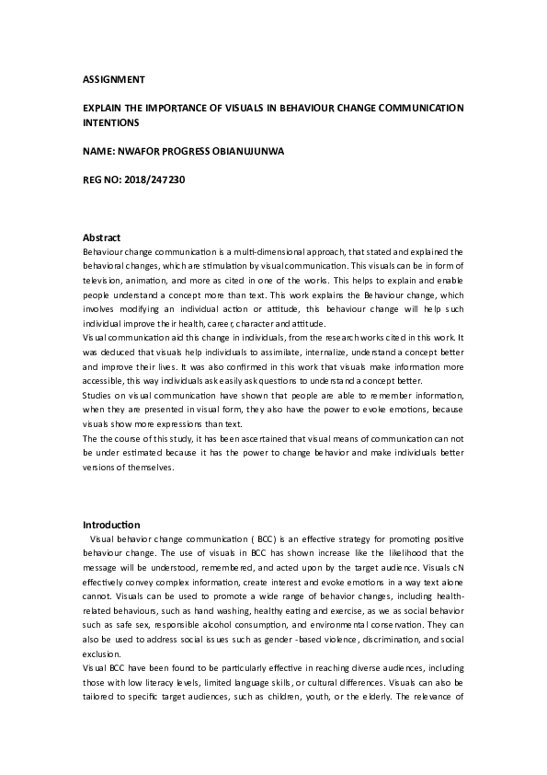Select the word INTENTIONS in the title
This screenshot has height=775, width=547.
point(111,121)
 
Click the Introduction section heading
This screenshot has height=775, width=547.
point(111,525)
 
